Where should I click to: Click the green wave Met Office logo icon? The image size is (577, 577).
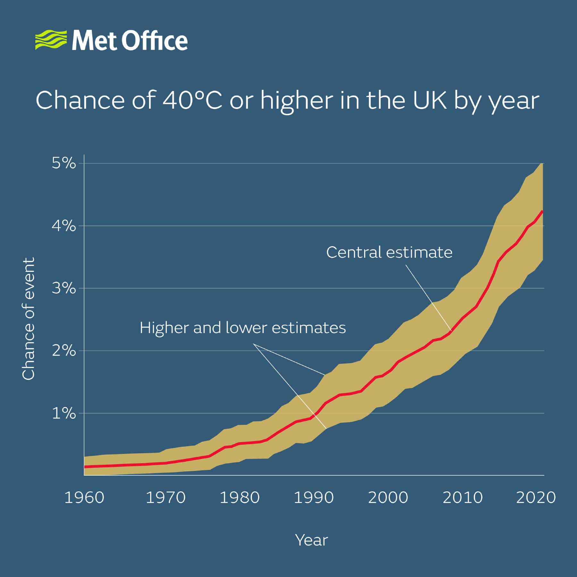pos(51,40)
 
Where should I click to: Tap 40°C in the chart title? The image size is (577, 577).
pos(192,100)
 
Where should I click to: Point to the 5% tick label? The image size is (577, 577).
pos(64,163)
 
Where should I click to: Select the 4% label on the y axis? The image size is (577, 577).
pos(64,226)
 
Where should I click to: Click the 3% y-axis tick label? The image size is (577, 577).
pos(64,288)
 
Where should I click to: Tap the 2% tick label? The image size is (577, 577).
pos(64,350)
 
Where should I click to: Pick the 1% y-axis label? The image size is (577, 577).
pos(64,413)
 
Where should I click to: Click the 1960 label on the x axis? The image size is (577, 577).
pos(84,498)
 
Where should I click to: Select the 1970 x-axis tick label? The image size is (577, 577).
pos(166,498)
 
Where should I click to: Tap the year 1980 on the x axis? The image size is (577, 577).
pos(239,498)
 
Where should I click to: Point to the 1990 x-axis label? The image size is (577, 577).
pos(314,498)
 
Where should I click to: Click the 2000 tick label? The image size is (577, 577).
pos(388,498)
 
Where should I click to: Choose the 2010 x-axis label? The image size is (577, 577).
pos(463,498)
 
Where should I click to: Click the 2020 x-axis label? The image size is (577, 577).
pos(536,498)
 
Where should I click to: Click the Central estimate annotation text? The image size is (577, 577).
pos(389,252)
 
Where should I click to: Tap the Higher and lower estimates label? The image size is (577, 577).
pos(243,328)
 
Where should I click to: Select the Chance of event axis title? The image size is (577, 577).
pos(28,319)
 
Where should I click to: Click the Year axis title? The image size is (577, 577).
pos(311,540)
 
